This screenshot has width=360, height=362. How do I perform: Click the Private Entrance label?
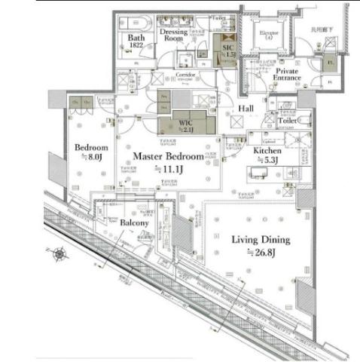287,74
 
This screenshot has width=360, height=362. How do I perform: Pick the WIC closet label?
182,124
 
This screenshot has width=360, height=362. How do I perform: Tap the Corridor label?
185,75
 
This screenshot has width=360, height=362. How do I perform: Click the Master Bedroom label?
168,156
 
